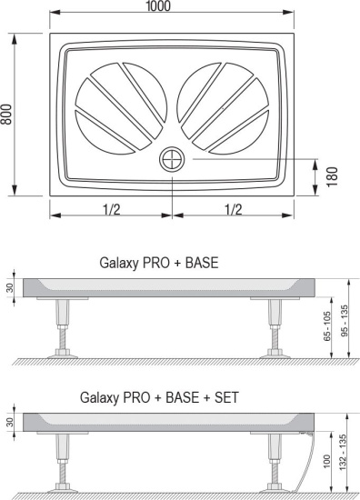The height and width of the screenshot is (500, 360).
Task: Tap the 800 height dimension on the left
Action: [7, 115]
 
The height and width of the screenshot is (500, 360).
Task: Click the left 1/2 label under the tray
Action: [112, 209]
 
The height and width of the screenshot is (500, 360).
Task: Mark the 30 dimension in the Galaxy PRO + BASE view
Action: [8, 288]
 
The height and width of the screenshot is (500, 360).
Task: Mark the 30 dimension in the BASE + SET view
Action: [8, 422]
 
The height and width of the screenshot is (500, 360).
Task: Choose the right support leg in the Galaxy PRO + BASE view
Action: [275, 327]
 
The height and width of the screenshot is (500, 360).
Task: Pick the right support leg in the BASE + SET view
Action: [275, 464]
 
